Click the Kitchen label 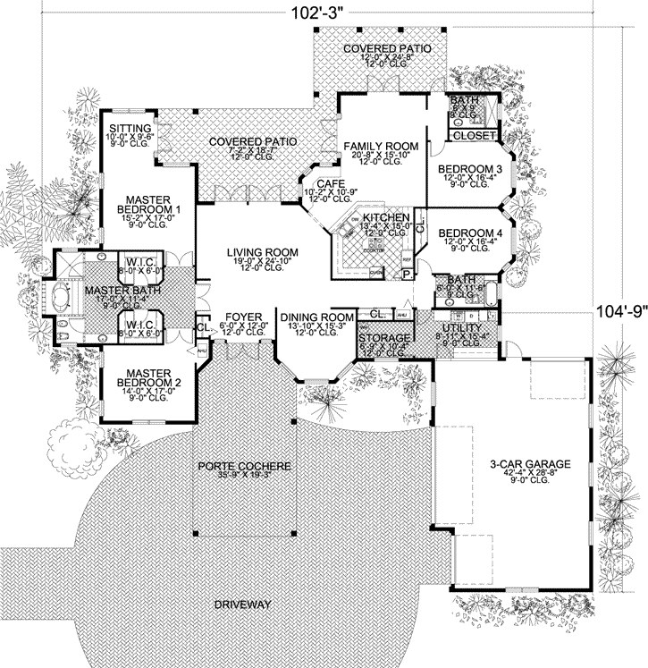(x=387, y=217)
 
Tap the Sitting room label (x=130, y=129)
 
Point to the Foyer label (x=243, y=317)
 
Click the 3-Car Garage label (x=530, y=464)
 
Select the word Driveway (x=242, y=605)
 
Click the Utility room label (x=459, y=329)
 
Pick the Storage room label (x=384, y=338)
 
